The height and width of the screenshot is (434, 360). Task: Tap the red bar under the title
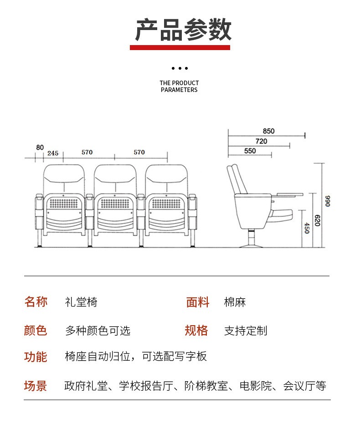coord(180,47)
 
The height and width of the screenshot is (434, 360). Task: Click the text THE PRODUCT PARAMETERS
coord(179,87)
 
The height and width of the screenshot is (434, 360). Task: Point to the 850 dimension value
coord(269,131)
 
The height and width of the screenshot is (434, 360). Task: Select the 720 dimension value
coord(261,141)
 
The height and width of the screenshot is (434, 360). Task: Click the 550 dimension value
coord(250,151)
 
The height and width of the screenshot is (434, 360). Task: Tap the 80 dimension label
coord(40,148)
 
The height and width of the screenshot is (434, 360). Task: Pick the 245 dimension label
coord(53,153)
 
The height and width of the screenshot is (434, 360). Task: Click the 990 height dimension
coord(327,201)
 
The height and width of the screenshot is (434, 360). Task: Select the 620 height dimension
coord(318,221)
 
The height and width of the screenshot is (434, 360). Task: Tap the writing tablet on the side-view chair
coord(289,194)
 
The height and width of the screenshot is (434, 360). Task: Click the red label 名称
coord(36,302)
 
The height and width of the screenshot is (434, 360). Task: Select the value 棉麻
coord(235,302)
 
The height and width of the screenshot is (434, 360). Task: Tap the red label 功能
coord(36,357)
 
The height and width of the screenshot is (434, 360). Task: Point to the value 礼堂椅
coord(81,302)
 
